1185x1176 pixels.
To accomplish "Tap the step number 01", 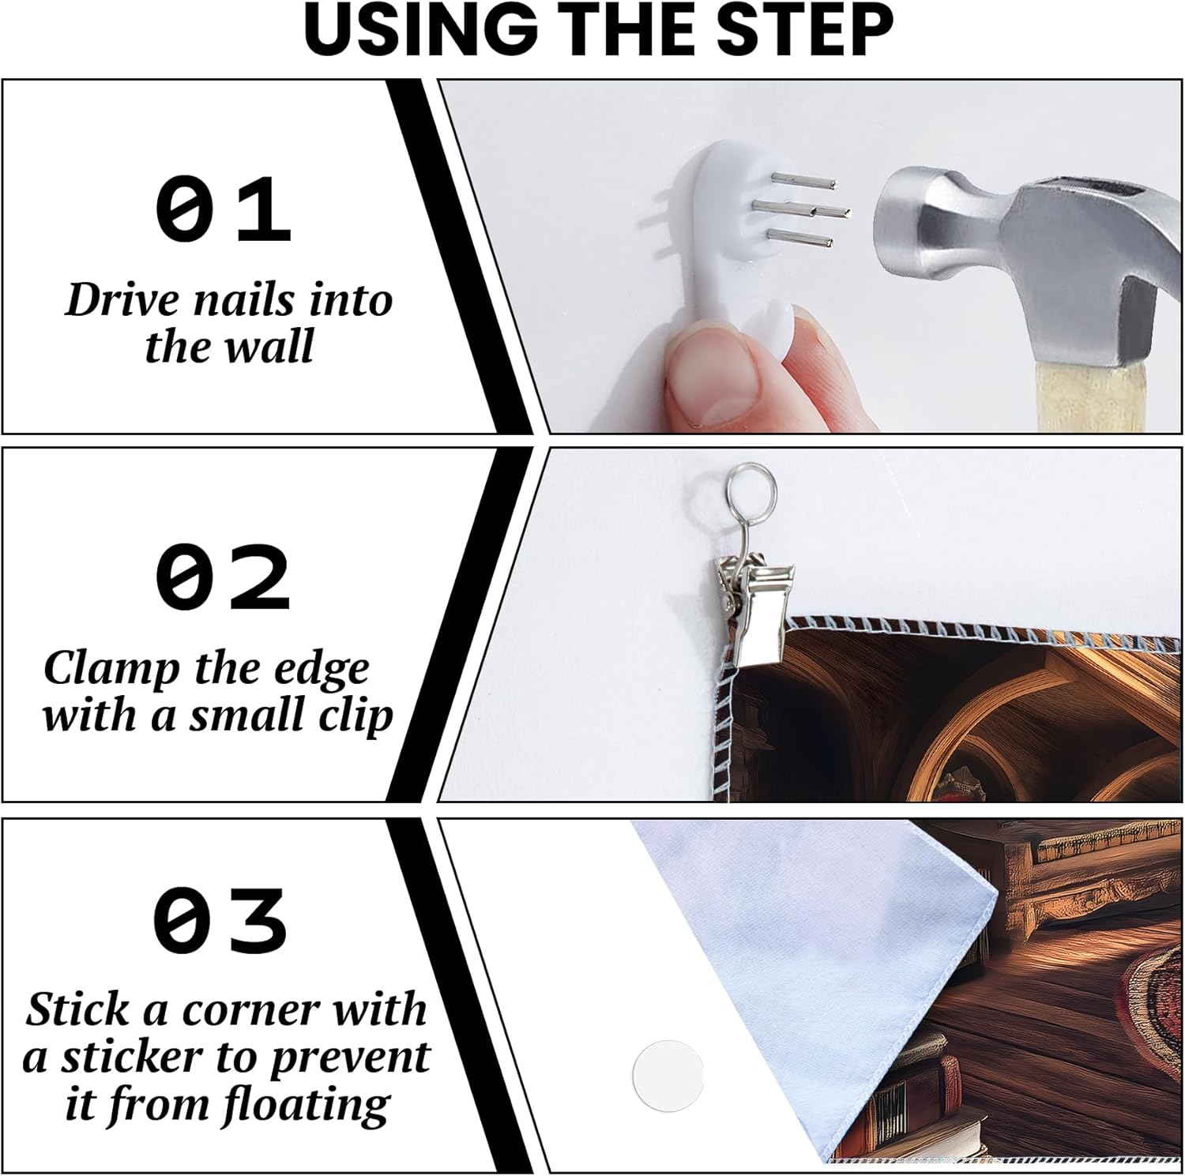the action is [224, 210].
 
